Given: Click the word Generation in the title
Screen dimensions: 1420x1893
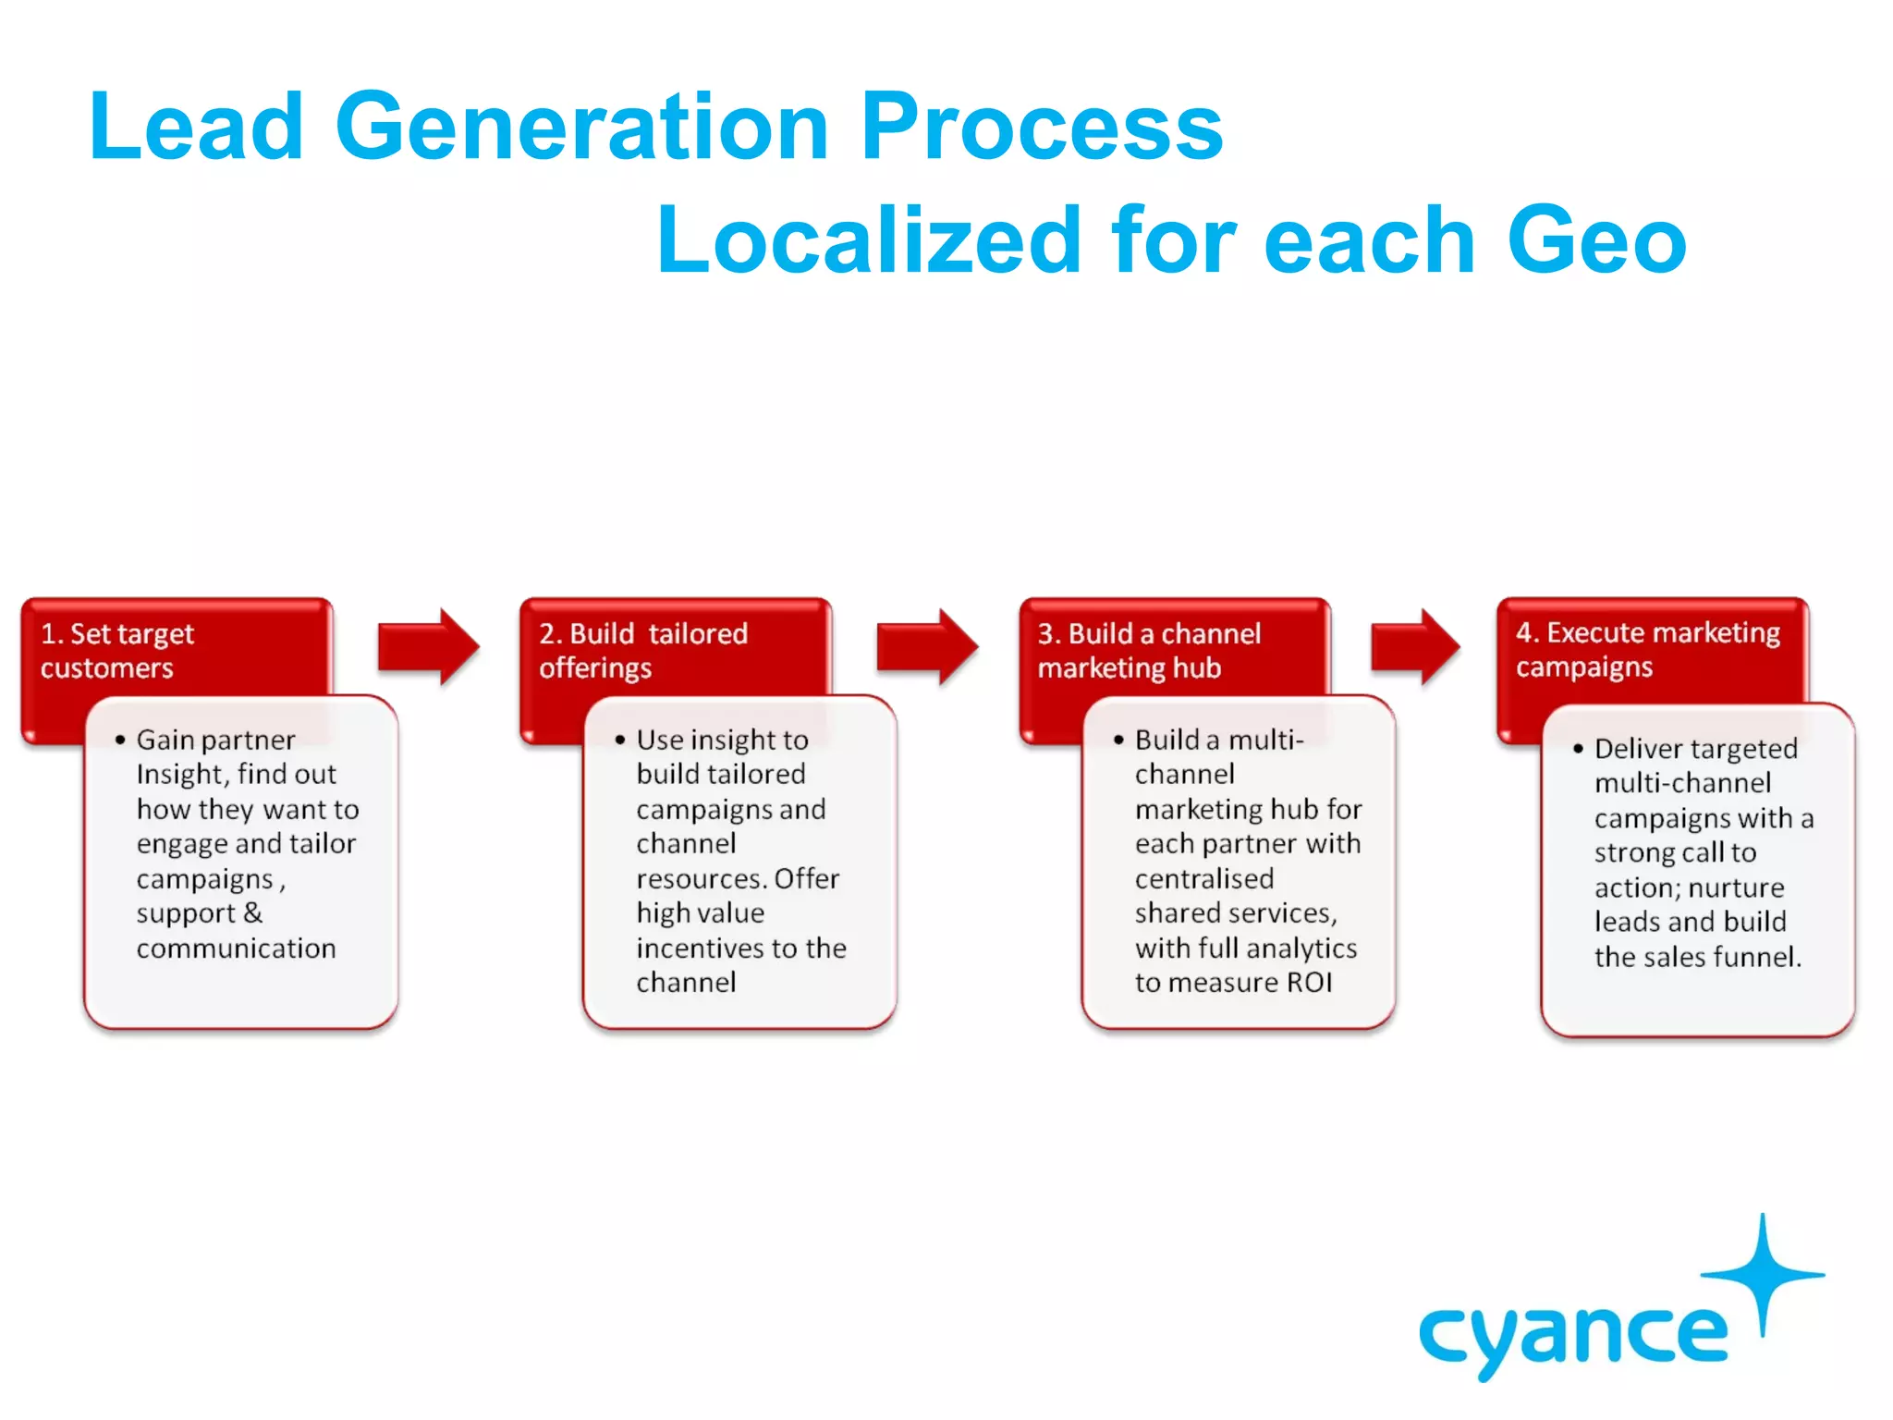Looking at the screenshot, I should point(581,127).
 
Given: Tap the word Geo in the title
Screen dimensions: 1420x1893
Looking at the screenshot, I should point(1596,240).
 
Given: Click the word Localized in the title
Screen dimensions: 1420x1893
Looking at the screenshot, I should point(868,240).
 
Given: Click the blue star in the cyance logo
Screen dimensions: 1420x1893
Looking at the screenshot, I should point(1763,1273).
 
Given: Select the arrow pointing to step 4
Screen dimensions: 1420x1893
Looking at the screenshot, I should point(1415,646).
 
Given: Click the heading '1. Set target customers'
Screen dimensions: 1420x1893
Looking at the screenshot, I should point(117,650).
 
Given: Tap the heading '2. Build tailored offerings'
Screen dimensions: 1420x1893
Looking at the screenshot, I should point(643,650).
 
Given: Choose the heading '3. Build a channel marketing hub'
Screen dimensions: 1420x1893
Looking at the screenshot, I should point(1148,650).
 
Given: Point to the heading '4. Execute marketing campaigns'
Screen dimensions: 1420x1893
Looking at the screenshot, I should point(1647,649).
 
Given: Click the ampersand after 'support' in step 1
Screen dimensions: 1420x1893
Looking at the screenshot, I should point(252,913).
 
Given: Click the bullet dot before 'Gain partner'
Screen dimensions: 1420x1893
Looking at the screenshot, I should point(120,740).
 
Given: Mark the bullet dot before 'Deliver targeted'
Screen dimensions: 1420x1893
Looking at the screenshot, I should point(1578,749).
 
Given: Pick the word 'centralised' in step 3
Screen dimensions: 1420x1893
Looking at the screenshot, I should point(1203,878).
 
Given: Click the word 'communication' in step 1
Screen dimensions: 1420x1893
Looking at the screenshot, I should point(236,949).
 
